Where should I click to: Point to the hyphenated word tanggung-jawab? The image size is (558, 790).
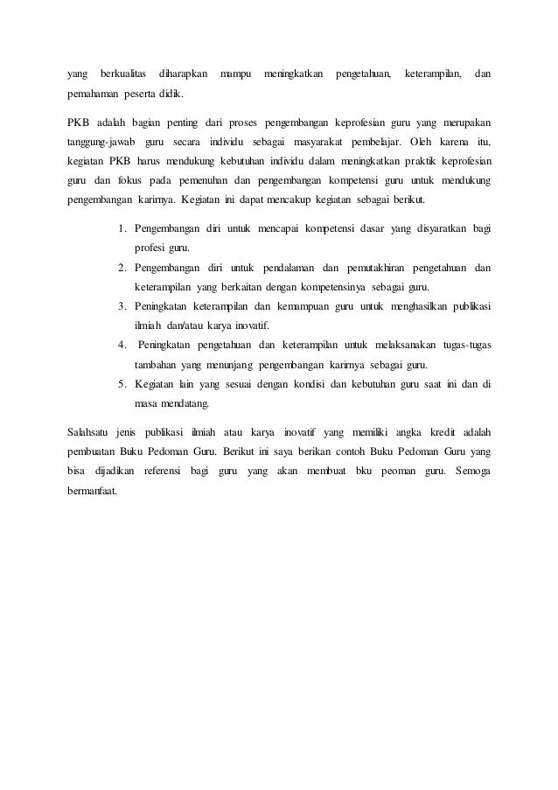[x=98, y=141]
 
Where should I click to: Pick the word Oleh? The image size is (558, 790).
[x=410, y=141]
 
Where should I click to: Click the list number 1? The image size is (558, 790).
[x=122, y=229]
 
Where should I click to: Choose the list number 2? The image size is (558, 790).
[x=122, y=268]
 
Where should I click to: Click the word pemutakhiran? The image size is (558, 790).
[x=387, y=268]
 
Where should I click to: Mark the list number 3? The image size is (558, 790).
[x=122, y=306]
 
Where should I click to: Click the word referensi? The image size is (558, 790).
[x=155, y=472]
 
